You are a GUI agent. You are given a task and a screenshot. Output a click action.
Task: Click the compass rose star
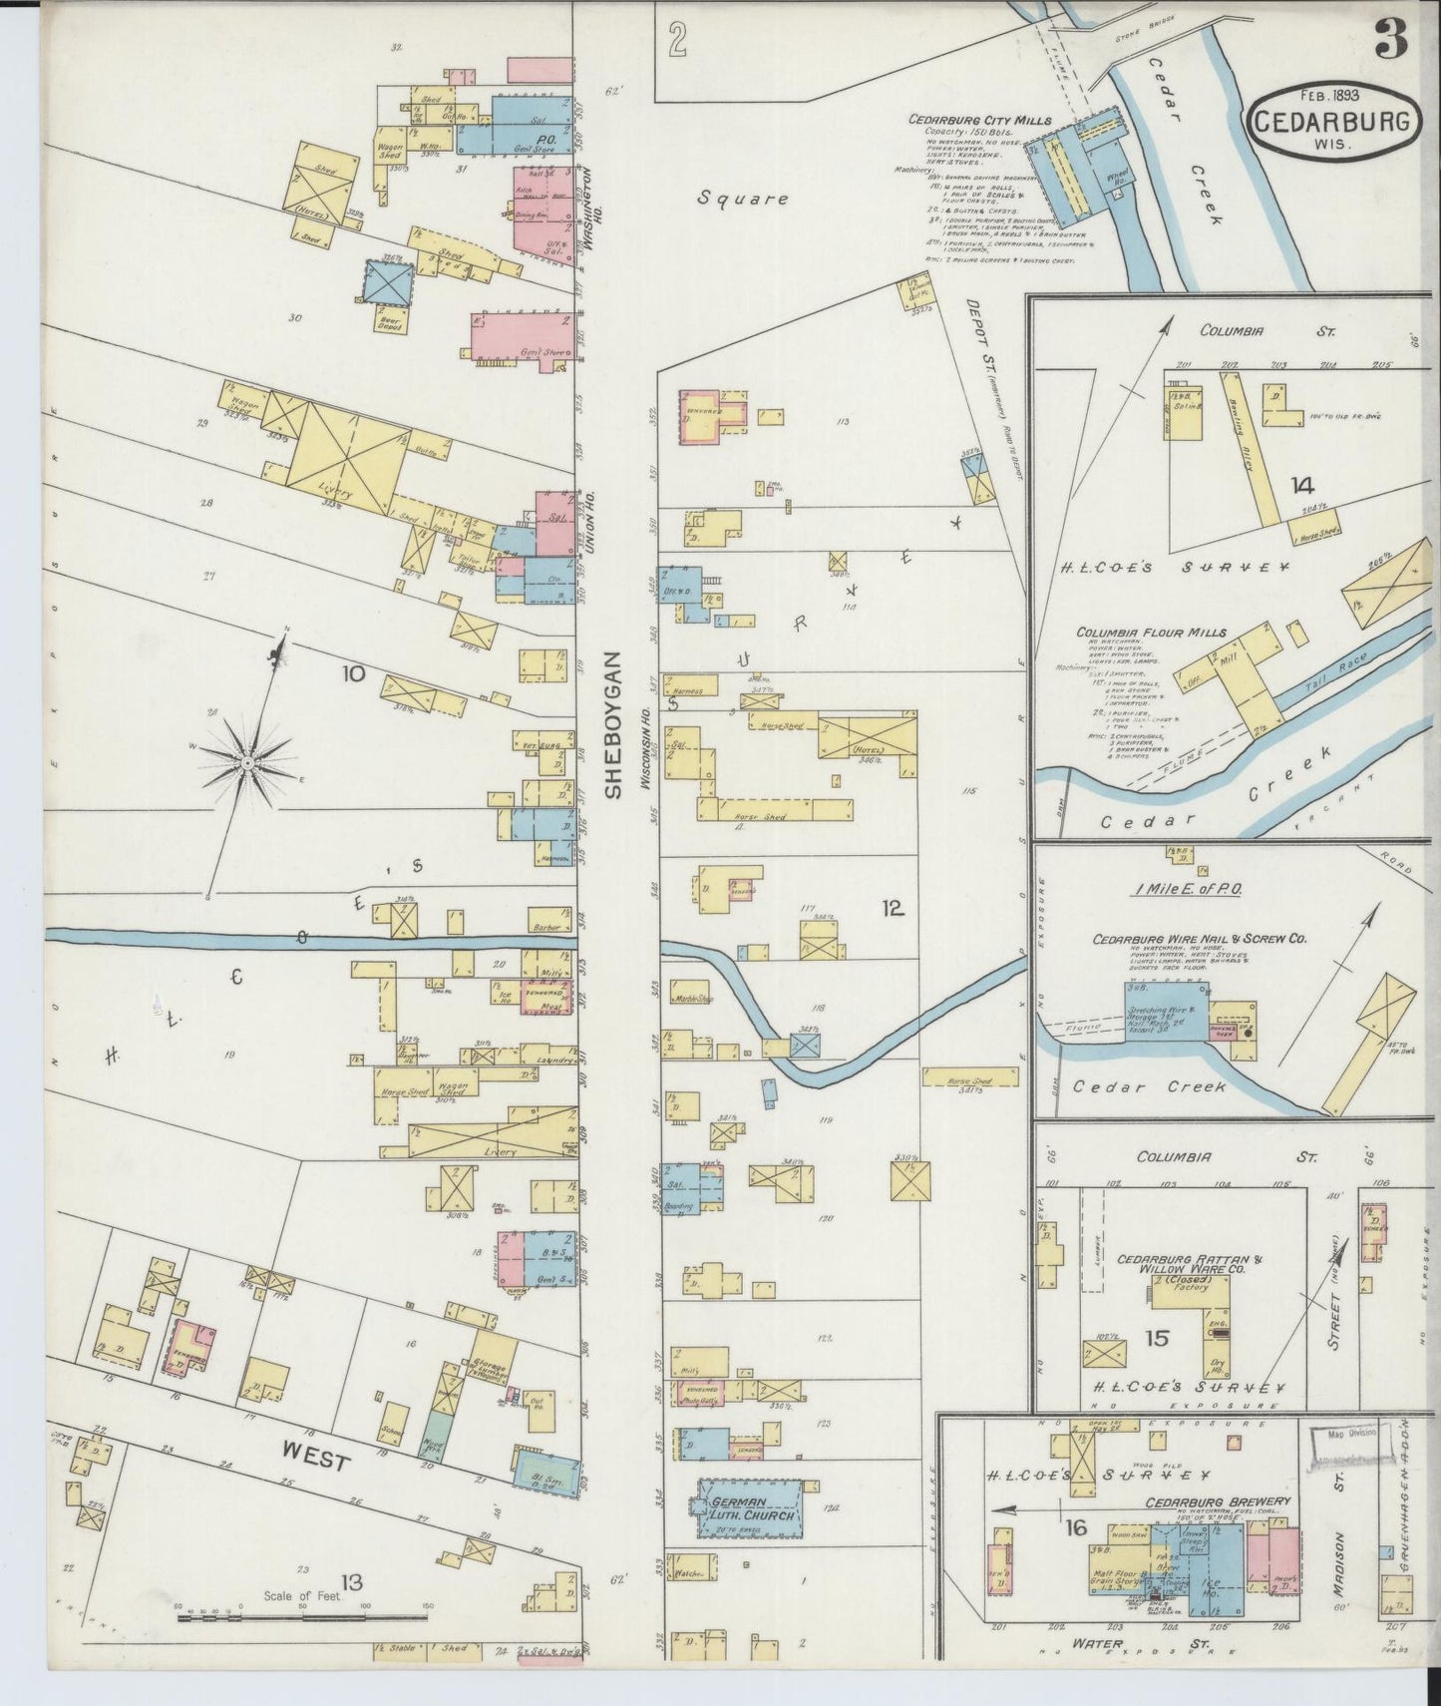pyautogui.click(x=245, y=763)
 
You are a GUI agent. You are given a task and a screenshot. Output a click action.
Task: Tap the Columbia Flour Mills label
pyautogui.click(x=1150, y=633)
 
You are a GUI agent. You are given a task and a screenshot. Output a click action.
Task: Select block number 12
pyautogui.click(x=892, y=908)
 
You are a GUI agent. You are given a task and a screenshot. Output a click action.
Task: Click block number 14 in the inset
pyautogui.click(x=1300, y=486)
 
